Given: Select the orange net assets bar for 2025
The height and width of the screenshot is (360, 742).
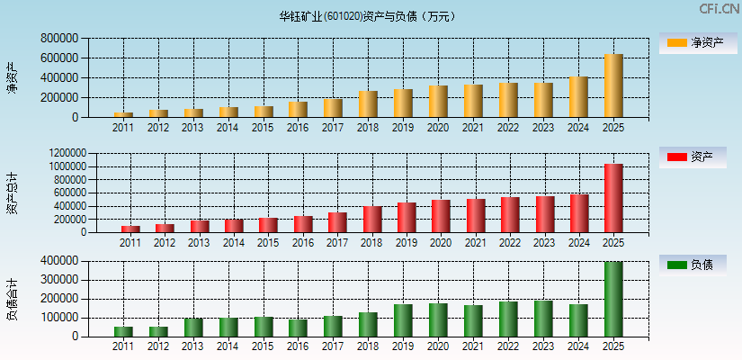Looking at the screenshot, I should click(613, 85).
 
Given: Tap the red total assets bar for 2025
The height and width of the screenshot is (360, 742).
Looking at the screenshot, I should click(613, 198).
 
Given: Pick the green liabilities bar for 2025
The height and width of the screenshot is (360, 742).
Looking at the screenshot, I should click(613, 299).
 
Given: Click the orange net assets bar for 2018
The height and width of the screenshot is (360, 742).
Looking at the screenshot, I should click(368, 104).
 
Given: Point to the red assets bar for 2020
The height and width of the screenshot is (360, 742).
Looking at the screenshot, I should click(441, 216).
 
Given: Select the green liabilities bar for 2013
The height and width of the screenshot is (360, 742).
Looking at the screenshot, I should click(192, 328).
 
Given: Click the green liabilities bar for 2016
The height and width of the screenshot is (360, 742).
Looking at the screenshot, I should click(298, 328).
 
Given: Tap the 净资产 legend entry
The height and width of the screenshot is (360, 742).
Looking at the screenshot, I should click(693, 42).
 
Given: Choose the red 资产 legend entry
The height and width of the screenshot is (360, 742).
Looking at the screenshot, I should click(693, 157).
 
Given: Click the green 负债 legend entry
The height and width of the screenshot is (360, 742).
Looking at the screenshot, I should click(693, 265).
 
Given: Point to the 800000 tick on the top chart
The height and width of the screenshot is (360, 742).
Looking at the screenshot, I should click(59, 39).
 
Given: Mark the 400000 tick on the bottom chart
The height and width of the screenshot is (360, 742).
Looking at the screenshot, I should click(59, 261).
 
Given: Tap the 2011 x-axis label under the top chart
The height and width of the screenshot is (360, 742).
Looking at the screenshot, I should click(123, 128).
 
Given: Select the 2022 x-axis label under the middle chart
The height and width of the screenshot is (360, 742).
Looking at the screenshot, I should click(508, 243).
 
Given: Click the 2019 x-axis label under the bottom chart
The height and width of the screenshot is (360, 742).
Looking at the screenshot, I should click(403, 346).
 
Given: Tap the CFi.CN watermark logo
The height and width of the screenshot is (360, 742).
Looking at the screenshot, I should click(719, 9).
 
